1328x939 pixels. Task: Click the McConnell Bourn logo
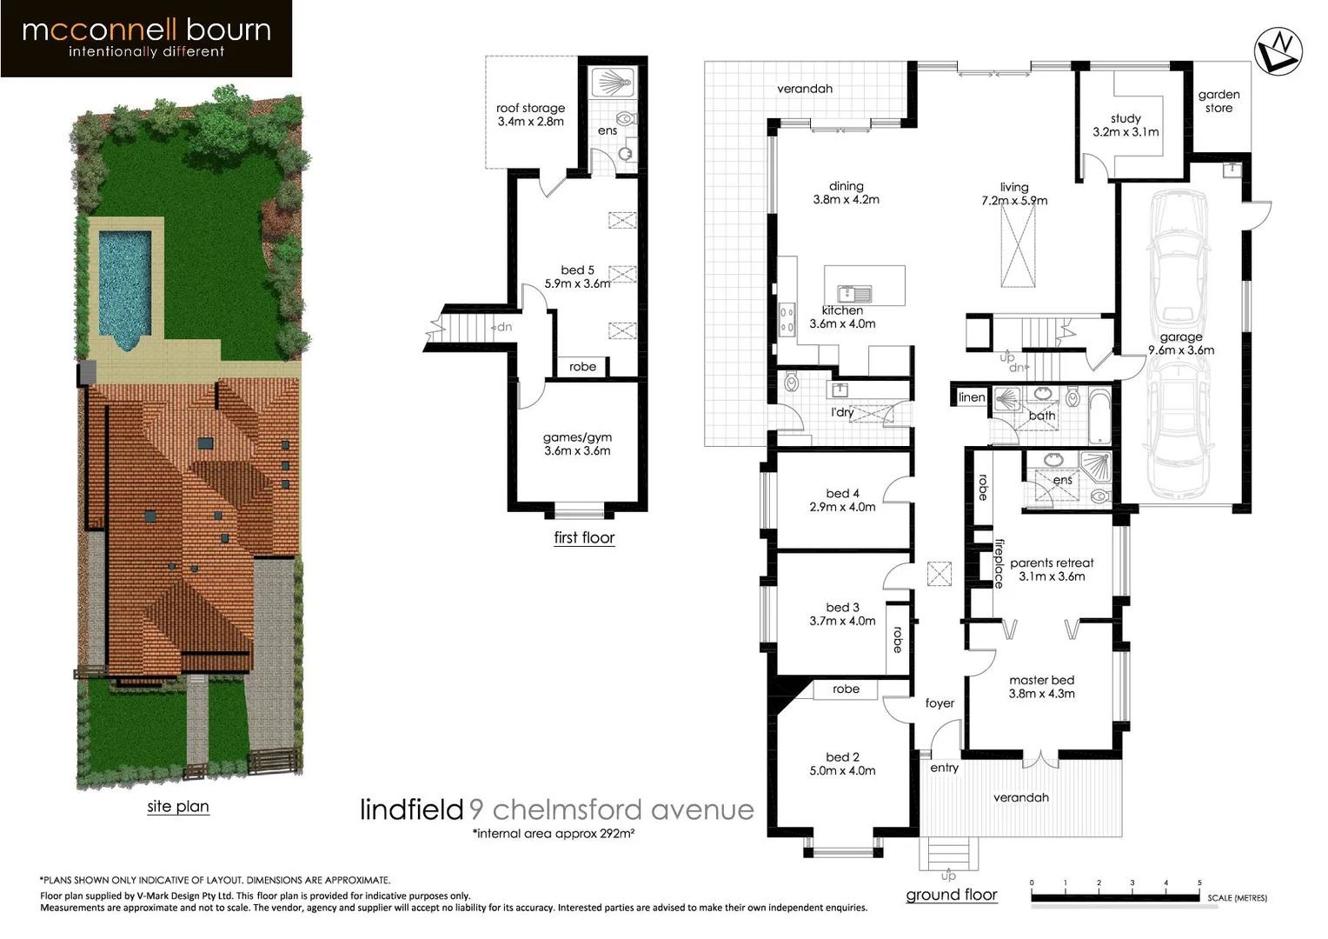[146, 38]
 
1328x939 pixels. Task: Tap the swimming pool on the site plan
[124, 283]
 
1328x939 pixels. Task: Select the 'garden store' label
[1218, 102]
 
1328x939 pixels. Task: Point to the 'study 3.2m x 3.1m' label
[1125, 125]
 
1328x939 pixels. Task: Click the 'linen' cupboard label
[972, 397]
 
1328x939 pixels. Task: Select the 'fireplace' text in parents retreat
[999, 563]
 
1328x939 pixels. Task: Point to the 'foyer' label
[940, 703]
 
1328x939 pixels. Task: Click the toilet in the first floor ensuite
[624, 119]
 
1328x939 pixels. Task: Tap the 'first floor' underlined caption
[584, 538]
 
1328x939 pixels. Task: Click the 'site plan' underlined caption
[178, 807]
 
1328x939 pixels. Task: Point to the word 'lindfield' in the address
[411, 810]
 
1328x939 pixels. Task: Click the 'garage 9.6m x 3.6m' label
[1180, 343]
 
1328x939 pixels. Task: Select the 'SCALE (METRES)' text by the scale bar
[1236, 898]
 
